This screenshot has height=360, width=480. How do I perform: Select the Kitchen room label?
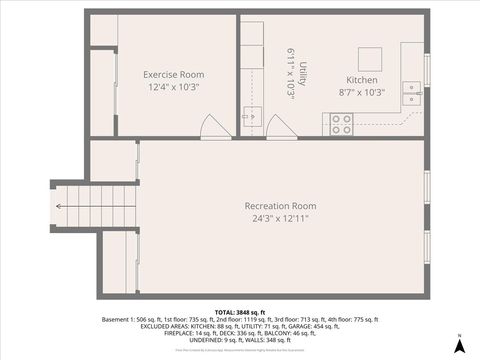click(x=361, y=80)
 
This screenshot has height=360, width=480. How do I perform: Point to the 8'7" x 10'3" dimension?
click(x=361, y=92)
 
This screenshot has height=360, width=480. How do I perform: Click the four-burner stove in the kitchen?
click(x=341, y=124)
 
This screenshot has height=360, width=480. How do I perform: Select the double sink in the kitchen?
click(x=411, y=94)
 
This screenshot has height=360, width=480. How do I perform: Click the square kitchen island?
click(x=371, y=56)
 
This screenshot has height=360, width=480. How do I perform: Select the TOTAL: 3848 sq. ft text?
click(x=239, y=312)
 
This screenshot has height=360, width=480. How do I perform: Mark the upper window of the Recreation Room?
click(x=427, y=186)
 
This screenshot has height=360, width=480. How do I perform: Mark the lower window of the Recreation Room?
click(x=427, y=246)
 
